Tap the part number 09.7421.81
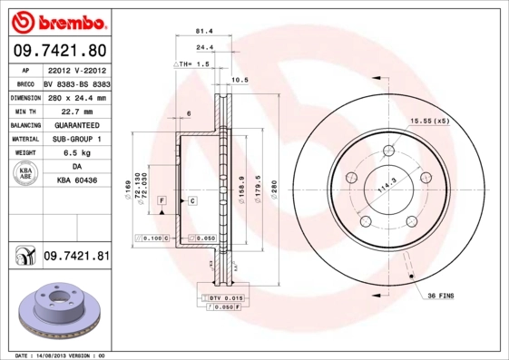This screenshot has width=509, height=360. pyautogui.click(x=76, y=257)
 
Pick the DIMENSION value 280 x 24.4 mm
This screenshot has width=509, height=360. pyautogui.click(x=76, y=97)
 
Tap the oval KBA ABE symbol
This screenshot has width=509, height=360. pyautogui.click(x=24, y=174)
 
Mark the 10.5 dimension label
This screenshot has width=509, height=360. pyautogui.click(x=240, y=80)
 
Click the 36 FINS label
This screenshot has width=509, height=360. pyautogui.click(x=441, y=296)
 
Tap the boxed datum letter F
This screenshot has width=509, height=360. pyautogui.click(x=162, y=199)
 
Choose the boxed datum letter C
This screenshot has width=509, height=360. pyautogui.click(x=192, y=199)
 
